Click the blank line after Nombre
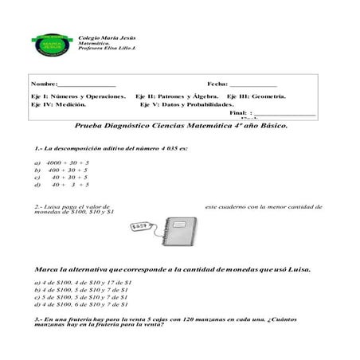(87, 84)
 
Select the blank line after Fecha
(253, 84)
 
